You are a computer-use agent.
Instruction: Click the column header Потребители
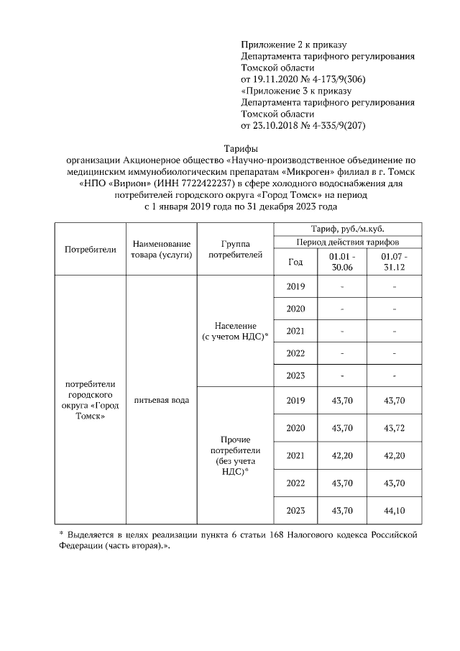(x=90, y=250)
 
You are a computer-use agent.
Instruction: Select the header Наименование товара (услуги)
(x=160, y=250)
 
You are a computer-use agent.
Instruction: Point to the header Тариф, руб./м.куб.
(x=341, y=228)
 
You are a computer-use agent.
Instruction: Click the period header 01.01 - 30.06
(x=342, y=261)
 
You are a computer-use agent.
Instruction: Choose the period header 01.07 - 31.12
(x=395, y=261)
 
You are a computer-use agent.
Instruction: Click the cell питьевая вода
(x=160, y=399)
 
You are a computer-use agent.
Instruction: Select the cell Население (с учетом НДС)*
(x=235, y=331)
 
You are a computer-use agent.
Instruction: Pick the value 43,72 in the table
(x=395, y=428)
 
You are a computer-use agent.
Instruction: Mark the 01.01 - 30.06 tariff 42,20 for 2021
(x=342, y=455)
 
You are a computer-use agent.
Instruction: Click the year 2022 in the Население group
(x=295, y=353)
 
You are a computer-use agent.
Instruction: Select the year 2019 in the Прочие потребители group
(x=295, y=400)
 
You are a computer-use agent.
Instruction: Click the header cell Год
(x=295, y=261)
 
